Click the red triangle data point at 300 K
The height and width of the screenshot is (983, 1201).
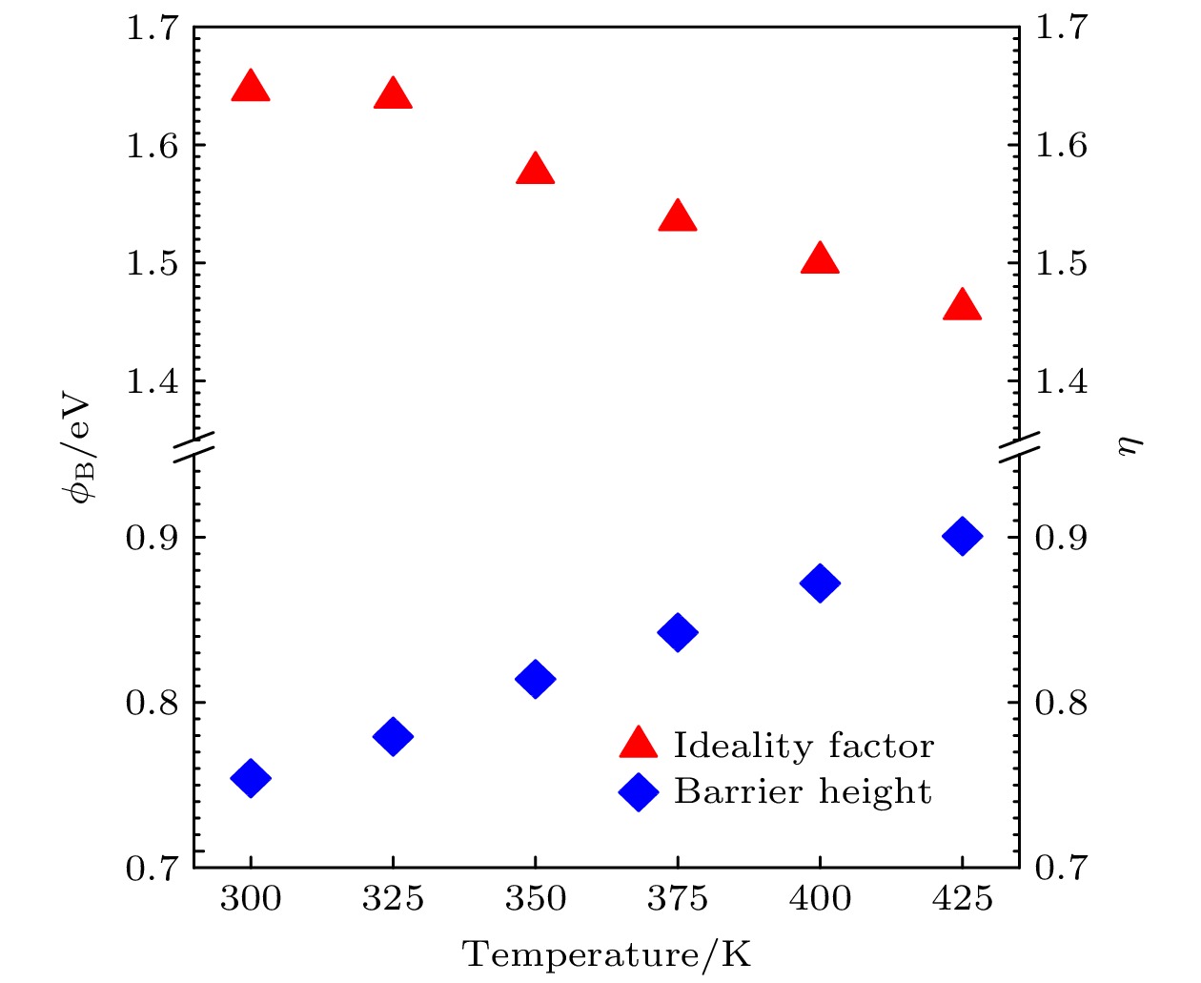click(251, 87)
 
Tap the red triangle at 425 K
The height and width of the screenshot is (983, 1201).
click(962, 305)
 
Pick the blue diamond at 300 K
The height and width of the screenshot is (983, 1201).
click(251, 778)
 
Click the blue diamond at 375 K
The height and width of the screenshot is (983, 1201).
click(678, 632)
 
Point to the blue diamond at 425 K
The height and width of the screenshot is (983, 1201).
click(962, 537)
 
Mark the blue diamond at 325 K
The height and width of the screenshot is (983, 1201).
click(393, 736)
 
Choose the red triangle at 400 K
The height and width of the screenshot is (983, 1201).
click(820, 259)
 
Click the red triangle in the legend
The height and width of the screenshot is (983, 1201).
click(639, 744)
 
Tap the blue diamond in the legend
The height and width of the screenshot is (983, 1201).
click(639, 791)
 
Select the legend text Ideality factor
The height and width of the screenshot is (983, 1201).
click(804, 746)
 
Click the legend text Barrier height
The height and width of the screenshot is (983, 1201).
click(803, 791)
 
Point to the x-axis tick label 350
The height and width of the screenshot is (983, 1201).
click(535, 898)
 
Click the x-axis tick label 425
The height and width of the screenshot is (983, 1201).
click(962, 898)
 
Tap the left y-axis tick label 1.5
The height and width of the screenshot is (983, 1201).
click(153, 263)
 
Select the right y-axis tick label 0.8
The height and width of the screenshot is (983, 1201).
click(1061, 704)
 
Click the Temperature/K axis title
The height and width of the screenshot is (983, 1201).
click(607, 954)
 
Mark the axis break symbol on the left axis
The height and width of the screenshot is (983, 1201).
click(194, 446)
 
